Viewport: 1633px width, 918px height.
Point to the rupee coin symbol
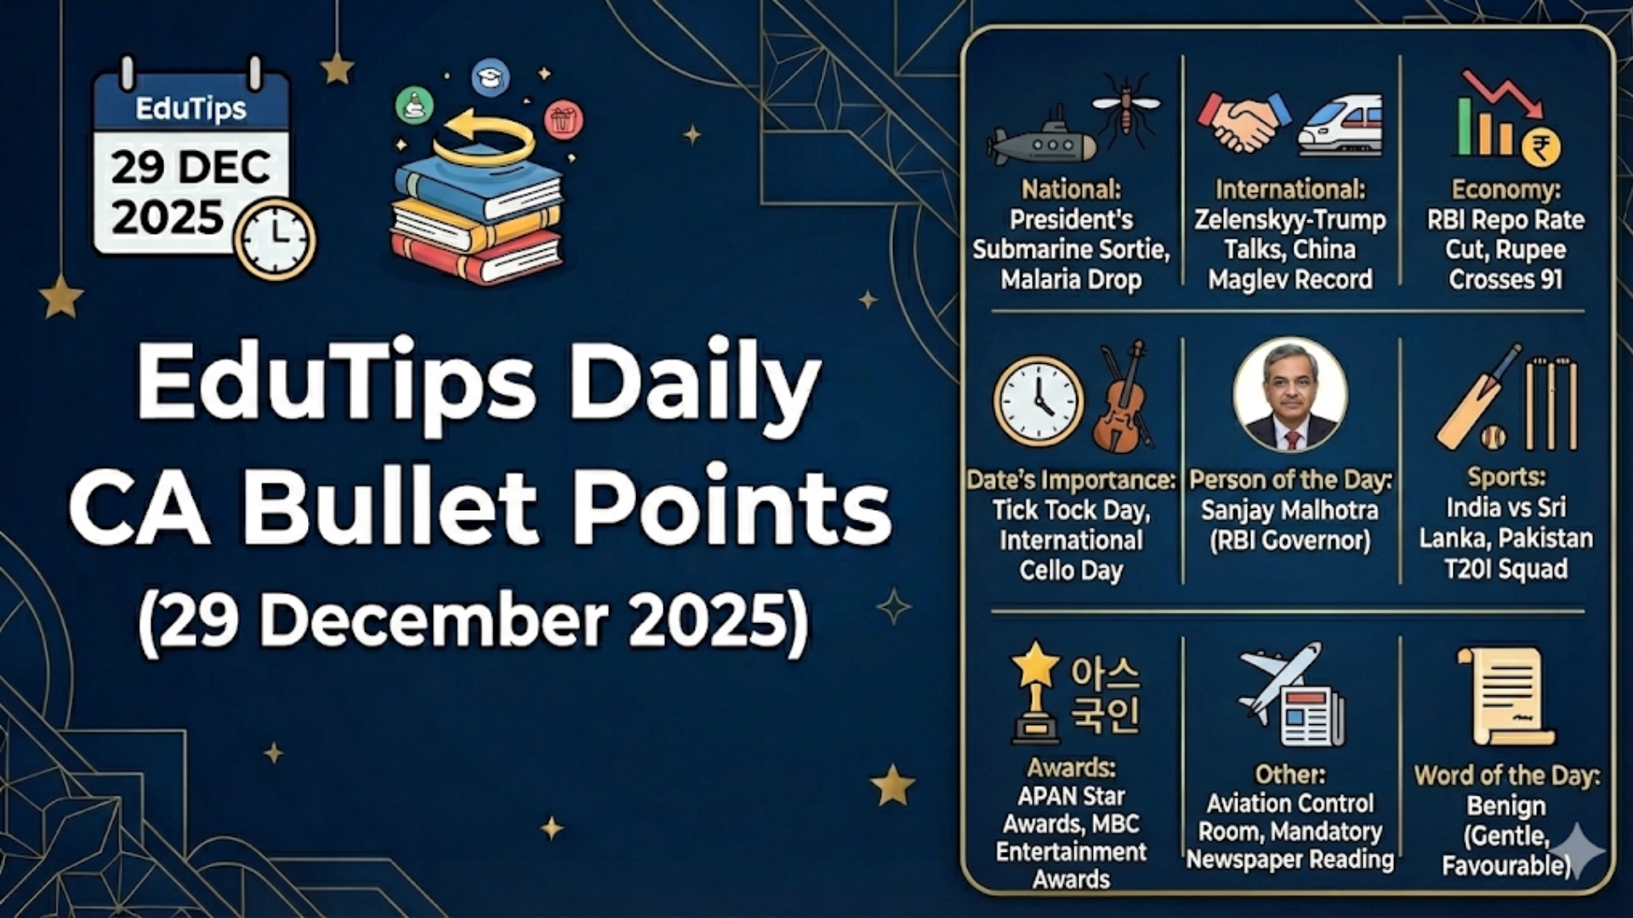pos(1540,147)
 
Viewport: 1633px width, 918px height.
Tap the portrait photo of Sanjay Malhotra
pos(1290,395)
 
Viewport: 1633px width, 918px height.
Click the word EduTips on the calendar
pos(191,109)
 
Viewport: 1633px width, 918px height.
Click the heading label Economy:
pos(1505,189)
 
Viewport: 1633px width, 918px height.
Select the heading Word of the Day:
pos(1506,775)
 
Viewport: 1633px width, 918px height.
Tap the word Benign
pos(1506,806)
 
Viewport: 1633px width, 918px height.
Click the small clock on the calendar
pos(275,239)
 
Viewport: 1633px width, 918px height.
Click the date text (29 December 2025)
pos(474,620)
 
